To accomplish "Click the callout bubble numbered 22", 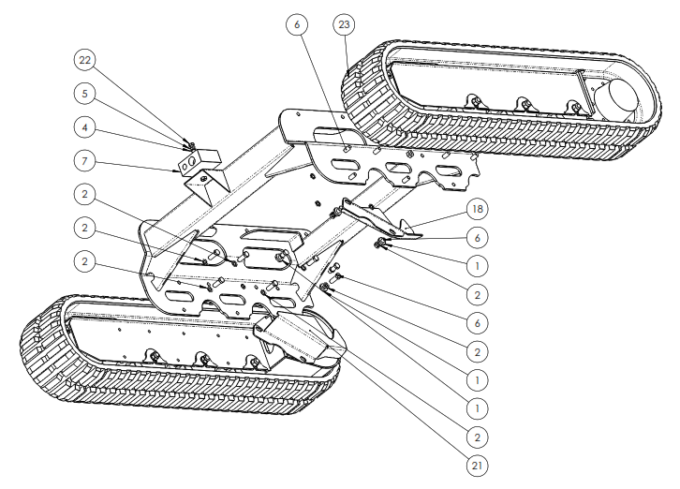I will [85, 61].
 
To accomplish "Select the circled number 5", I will [85, 94].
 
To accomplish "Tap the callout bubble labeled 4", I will [85, 126].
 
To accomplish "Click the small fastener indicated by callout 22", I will [190, 145].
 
